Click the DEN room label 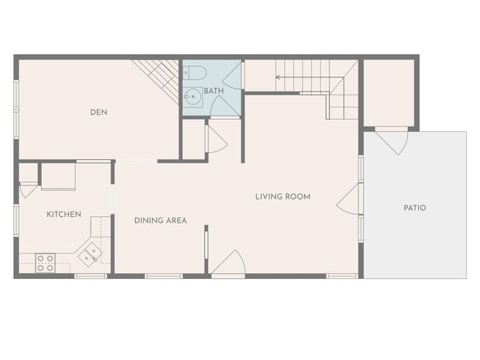point(99,112)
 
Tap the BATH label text point(214,91)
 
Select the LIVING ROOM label point(283,196)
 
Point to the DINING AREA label point(160,220)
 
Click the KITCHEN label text point(64,214)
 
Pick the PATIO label point(415,208)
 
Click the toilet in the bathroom point(196,73)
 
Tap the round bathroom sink point(192,95)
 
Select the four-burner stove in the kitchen point(46,262)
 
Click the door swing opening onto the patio point(392,140)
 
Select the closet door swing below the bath point(215,139)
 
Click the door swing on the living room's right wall point(349,199)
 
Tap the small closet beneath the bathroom point(194,139)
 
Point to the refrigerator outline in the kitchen point(58,176)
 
